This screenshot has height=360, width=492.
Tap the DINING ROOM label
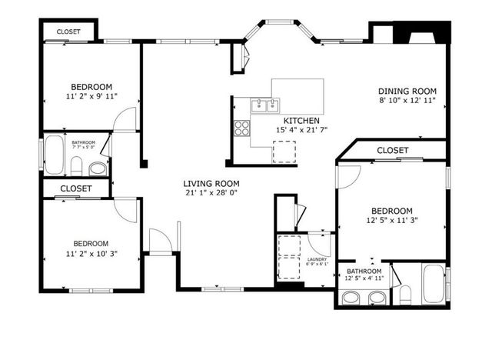click(x=407, y=89)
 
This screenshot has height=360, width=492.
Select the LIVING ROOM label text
click(x=211, y=183)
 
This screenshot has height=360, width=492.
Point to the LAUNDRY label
click(x=317, y=259)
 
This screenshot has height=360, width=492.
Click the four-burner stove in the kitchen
click(x=242, y=128)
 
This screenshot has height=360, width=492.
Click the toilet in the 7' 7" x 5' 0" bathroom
click(x=77, y=165)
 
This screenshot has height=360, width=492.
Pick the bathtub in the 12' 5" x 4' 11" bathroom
click(x=434, y=285)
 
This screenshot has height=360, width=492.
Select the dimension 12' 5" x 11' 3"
click(x=392, y=221)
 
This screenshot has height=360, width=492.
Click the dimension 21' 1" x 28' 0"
click(x=211, y=193)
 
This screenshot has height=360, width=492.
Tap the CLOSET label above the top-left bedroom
click(x=68, y=32)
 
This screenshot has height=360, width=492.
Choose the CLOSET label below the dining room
click(x=393, y=150)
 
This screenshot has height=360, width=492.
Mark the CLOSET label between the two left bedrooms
click(x=75, y=188)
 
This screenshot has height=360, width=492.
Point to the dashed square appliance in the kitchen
click(x=283, y=152)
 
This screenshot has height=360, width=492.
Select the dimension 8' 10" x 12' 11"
click(x=407, y=100)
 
